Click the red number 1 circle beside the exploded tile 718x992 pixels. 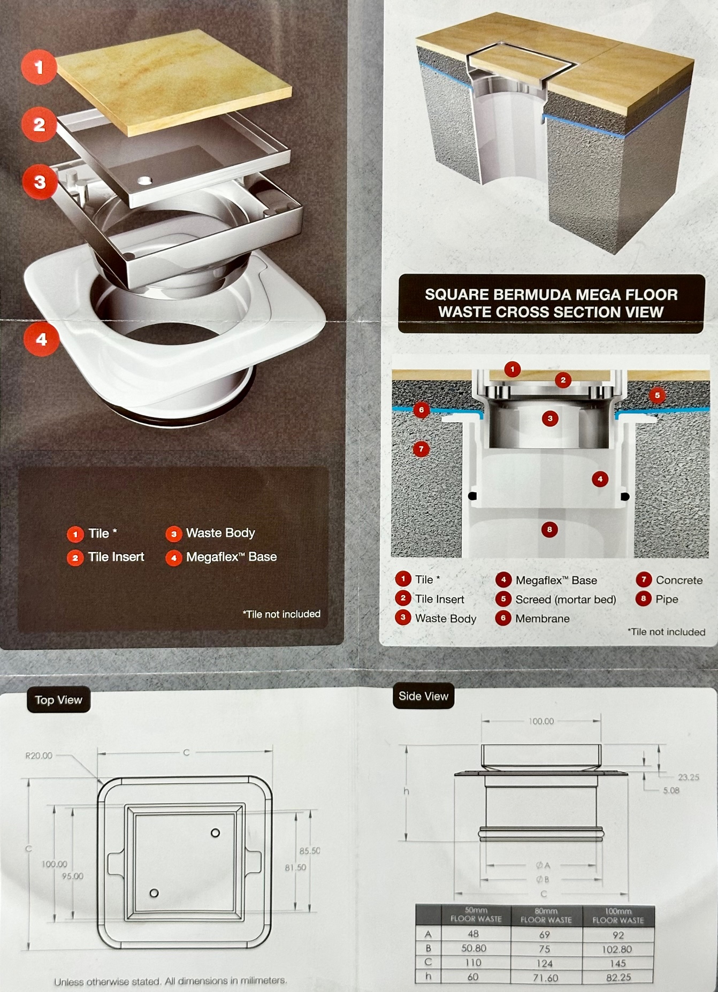click(x=39, y=67)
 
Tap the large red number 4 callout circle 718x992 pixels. click(x=41, y=339)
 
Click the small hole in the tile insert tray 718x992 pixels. click(x=144, y=181)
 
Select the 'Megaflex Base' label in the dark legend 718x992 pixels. click(x=231, y=557)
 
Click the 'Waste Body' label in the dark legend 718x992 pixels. click(x=220, y=533)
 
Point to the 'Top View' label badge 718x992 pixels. click(x=58, y=700)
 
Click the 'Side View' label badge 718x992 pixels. click(x=423, y=696)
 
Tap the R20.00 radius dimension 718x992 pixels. click(x=39, y=756)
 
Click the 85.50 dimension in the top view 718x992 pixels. click(x=310, y=851)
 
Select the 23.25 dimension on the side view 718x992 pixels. click(x=689, y=777)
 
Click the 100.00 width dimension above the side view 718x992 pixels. click(x=541, y=721)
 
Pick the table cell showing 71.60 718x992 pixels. click(x=545, y=978)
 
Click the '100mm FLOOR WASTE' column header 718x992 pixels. click(x=618, y=915)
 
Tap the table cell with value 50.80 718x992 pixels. click(x=474, y=948)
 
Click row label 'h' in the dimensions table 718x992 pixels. click(x=428, y=976)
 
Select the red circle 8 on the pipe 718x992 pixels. click(x=549, y=530)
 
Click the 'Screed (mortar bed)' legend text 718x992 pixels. click(x=566, y=599)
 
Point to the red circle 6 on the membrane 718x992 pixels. click(x=422, y=410)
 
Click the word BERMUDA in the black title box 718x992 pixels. click(x=524, y=295)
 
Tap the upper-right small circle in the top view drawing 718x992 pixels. click(x=215, y=833)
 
